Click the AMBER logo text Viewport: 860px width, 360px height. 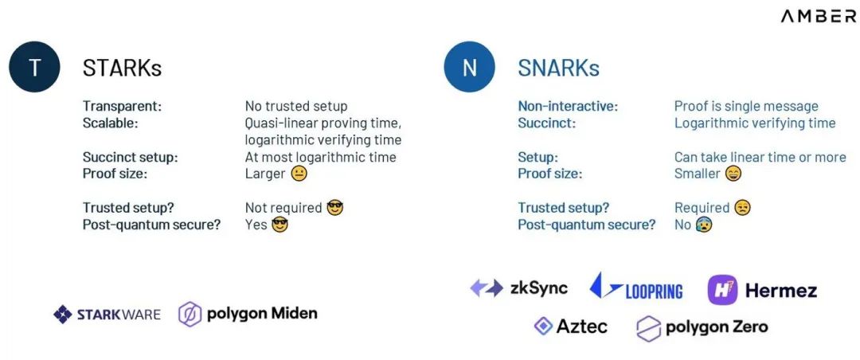tap(819, 17)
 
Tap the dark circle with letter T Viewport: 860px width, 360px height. tap(34, 67)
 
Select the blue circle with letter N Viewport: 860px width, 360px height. tap(470, 67)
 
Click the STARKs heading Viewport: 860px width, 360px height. tap(122, 68)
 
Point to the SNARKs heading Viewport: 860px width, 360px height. tap(558, 68)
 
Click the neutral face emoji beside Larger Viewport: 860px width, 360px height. tap(299, 174)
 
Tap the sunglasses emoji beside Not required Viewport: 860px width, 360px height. tap(334, 208)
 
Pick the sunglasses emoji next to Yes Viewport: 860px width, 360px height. tap(279, 225)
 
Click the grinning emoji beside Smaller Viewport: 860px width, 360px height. tap(733, 174)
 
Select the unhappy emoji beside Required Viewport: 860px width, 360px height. tap(742, 208)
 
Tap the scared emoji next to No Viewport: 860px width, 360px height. tap(704, 225)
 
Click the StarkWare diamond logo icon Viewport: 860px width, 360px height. tap(63, 315)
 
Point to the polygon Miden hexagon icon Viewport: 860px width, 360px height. tap(190, 315)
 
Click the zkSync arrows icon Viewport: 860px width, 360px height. tap(487, 288)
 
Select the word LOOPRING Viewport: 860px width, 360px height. tap(654, 292)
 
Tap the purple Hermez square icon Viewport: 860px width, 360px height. tap(722, 290)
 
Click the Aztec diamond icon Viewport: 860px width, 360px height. tap(543, 327)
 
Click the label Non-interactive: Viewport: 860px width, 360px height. tap(568, 106)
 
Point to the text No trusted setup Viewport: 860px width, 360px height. tap(296, 106)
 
